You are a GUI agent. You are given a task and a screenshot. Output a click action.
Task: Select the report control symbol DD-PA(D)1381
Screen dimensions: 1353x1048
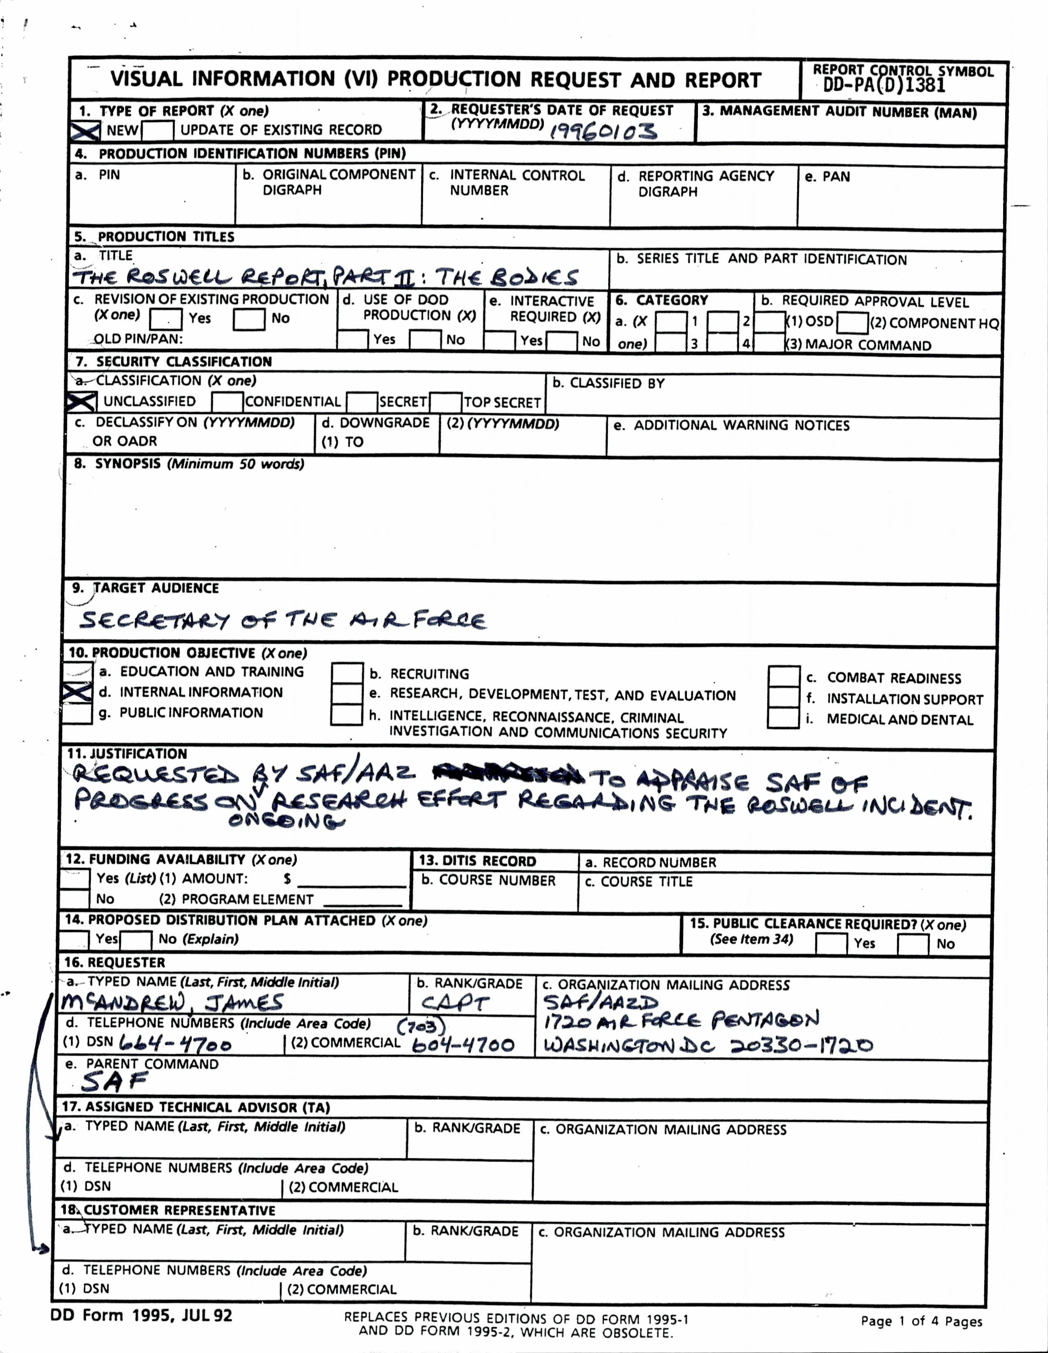pyautogui.click(x=884, y=85)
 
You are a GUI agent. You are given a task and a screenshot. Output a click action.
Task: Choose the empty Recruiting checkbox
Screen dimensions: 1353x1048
pyautogui.click(x=347, y=673)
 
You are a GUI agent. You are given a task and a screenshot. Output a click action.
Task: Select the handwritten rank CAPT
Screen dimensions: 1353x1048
pyautogui.click(x=455, y=1002)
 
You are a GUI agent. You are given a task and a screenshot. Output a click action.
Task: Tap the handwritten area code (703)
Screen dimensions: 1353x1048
pyautogui.click(x=421, y=1026)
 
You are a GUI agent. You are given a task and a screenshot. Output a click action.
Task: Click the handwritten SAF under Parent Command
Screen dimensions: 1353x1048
pyautogui.click(x=115, y=1081)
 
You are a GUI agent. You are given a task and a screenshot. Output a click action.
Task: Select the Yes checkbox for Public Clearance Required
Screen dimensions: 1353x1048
pyautogui.click(x=831, y=943)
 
